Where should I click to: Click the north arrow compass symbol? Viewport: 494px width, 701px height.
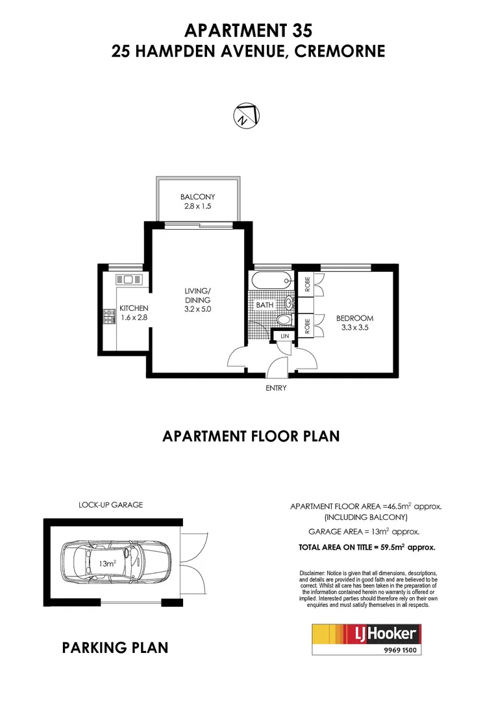coord(246,116)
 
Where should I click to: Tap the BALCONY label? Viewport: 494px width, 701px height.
coord(197,197)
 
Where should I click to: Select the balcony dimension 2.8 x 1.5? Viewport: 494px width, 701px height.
coord(197,207)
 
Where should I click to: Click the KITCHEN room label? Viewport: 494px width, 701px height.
coord(134,308)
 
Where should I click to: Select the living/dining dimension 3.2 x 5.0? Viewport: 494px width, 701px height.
coord(197,310)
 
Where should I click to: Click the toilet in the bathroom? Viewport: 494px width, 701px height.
coord(283,320)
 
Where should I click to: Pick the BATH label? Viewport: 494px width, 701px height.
coord(264,304)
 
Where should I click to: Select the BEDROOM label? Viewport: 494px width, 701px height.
coord(354,318)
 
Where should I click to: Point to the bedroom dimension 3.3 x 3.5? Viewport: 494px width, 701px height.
coord(354,328)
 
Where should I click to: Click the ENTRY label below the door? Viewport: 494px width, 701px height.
coord(276,387)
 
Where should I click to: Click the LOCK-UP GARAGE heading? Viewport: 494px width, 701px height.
coord(110,504)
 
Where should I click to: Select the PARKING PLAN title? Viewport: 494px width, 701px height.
coord(115,647)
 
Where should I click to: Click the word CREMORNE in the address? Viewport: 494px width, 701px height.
coord(340,51)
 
